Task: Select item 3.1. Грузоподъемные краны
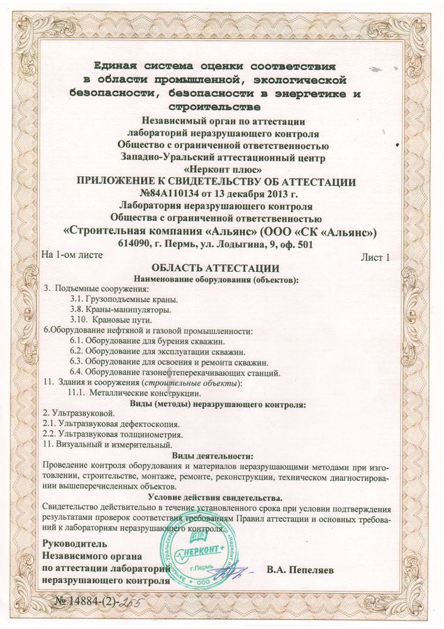tap(119, 298)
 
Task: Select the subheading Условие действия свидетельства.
tap(219, 496)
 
